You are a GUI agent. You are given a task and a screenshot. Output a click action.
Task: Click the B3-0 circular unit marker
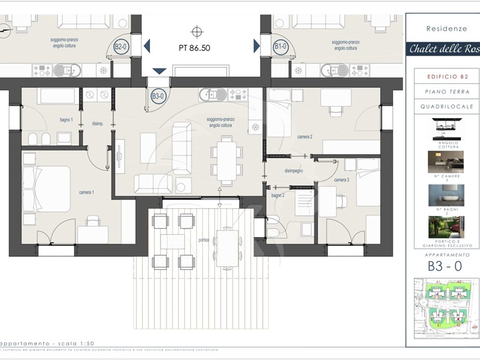coord(158,95)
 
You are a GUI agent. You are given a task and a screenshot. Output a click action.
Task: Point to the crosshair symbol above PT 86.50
coord(197,31)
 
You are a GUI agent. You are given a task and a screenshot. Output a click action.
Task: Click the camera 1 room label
coord(86,192)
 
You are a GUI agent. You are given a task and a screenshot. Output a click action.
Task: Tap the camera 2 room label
coord(305,137)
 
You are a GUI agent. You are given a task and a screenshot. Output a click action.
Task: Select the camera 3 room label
coord(341,180)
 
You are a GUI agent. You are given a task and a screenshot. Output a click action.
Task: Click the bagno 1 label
coord(66,120)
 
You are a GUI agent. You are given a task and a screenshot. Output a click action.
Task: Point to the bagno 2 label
coord(277,196)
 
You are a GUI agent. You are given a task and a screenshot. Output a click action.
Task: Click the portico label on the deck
coord(204,240)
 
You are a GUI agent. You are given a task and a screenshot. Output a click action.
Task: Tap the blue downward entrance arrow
coord(159,71)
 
